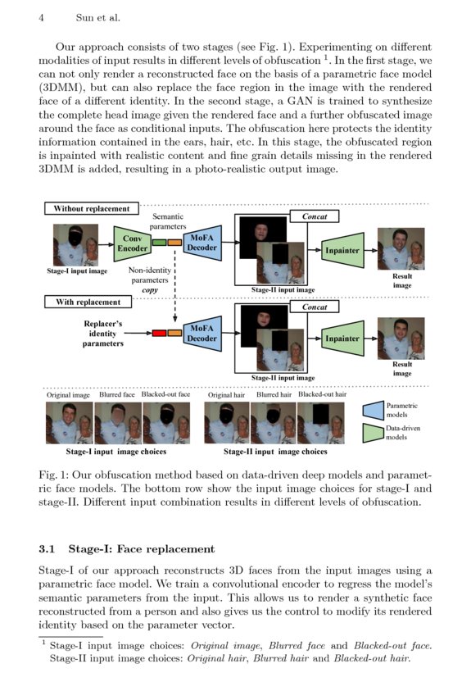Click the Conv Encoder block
(133, 243)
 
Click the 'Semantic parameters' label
(167, 221)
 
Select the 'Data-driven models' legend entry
(403, 434)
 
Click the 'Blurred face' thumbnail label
(117, 394)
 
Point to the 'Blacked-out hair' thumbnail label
(322, 394)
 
